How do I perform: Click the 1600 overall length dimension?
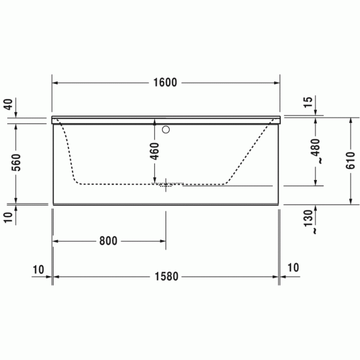coord(165,82)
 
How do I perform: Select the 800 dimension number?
coord(109,241)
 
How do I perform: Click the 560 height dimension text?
coord(16,163)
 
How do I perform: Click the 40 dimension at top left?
coord(8,105)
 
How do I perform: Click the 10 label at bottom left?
coord(38,268)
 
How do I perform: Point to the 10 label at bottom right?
coord(293,267)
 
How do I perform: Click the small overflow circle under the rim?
coord(166,130)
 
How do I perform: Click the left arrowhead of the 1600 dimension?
coord(55,83)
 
